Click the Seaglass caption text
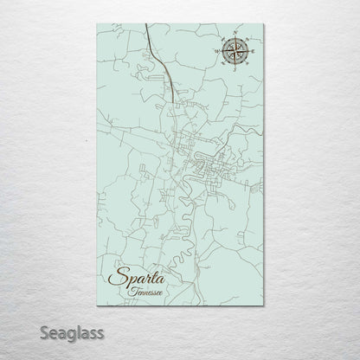tap(48, 331)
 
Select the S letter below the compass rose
tap(235, 70)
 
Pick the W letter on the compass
tap(218, 53)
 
